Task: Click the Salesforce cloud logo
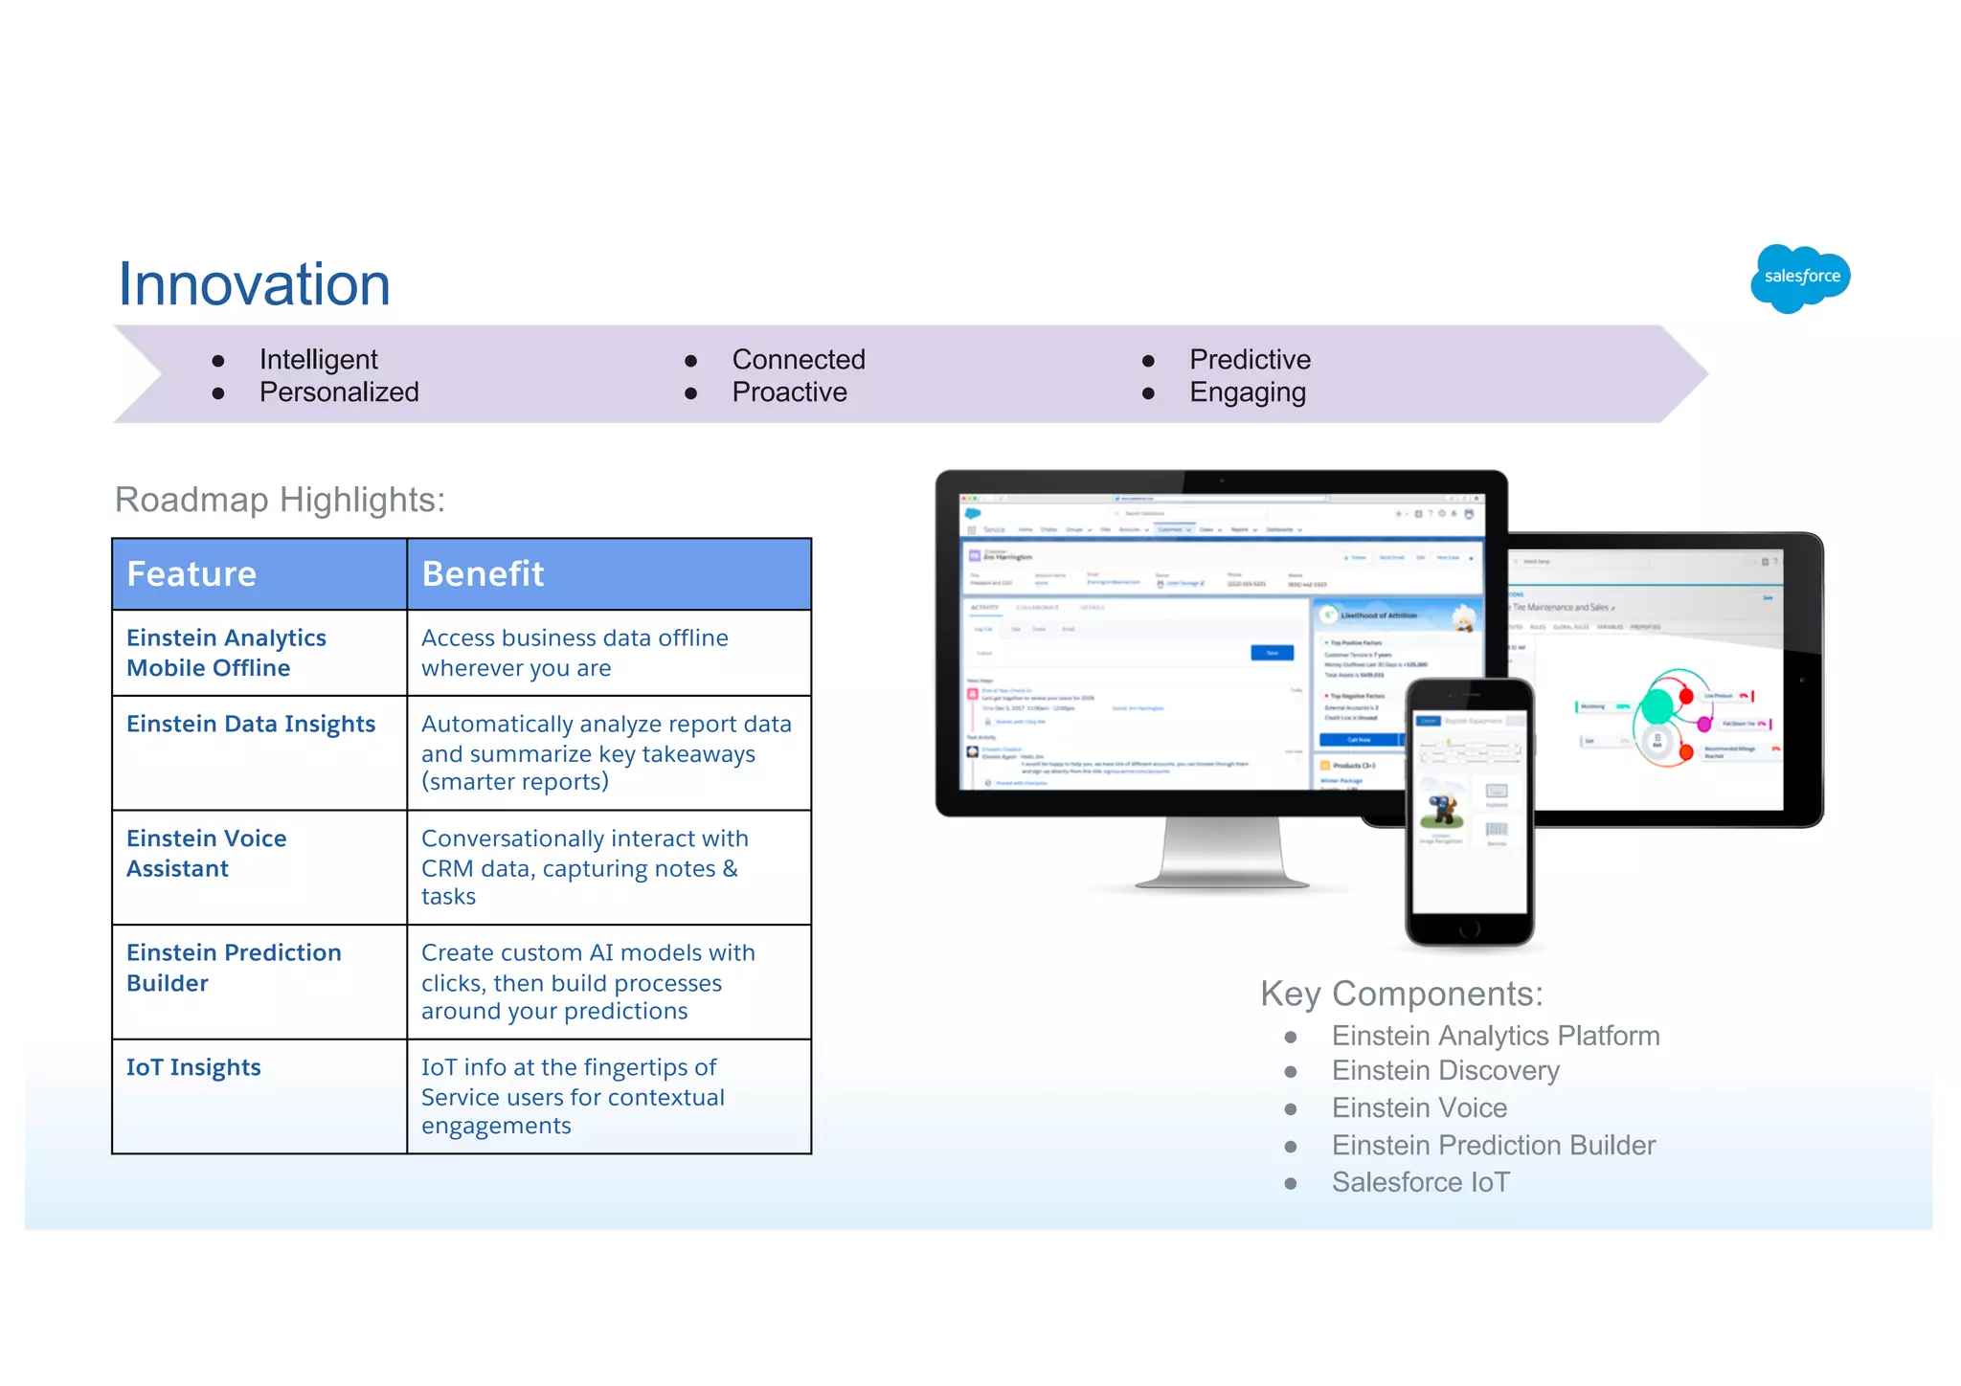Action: [x=1800, y=278]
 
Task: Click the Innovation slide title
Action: [x=254, y=284]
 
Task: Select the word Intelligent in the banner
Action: [x=318, y=360]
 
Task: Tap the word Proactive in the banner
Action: [x=789, y=392]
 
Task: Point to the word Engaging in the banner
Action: [x=1247, y=392]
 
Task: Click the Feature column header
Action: [x=192, y=574]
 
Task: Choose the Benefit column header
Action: [x=483, y=574]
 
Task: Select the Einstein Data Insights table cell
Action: [x=251, y=725]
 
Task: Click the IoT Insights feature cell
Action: [x=193, y=1067]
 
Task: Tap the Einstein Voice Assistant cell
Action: [x=206, y=853]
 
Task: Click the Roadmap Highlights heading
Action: [x=280, y=500]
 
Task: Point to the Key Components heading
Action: [x=1401, y=994]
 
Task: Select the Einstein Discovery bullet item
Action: [x=1445, y=1071]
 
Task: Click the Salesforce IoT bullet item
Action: [x=1420, y=1183]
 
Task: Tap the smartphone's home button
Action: [x=1470, y=929]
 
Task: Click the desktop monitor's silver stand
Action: [x=1221, y=852]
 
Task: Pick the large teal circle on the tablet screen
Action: [x=1657, y=707]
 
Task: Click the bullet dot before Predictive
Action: [x=1148, y=361]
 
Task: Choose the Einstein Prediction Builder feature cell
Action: [x=234, y=968]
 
